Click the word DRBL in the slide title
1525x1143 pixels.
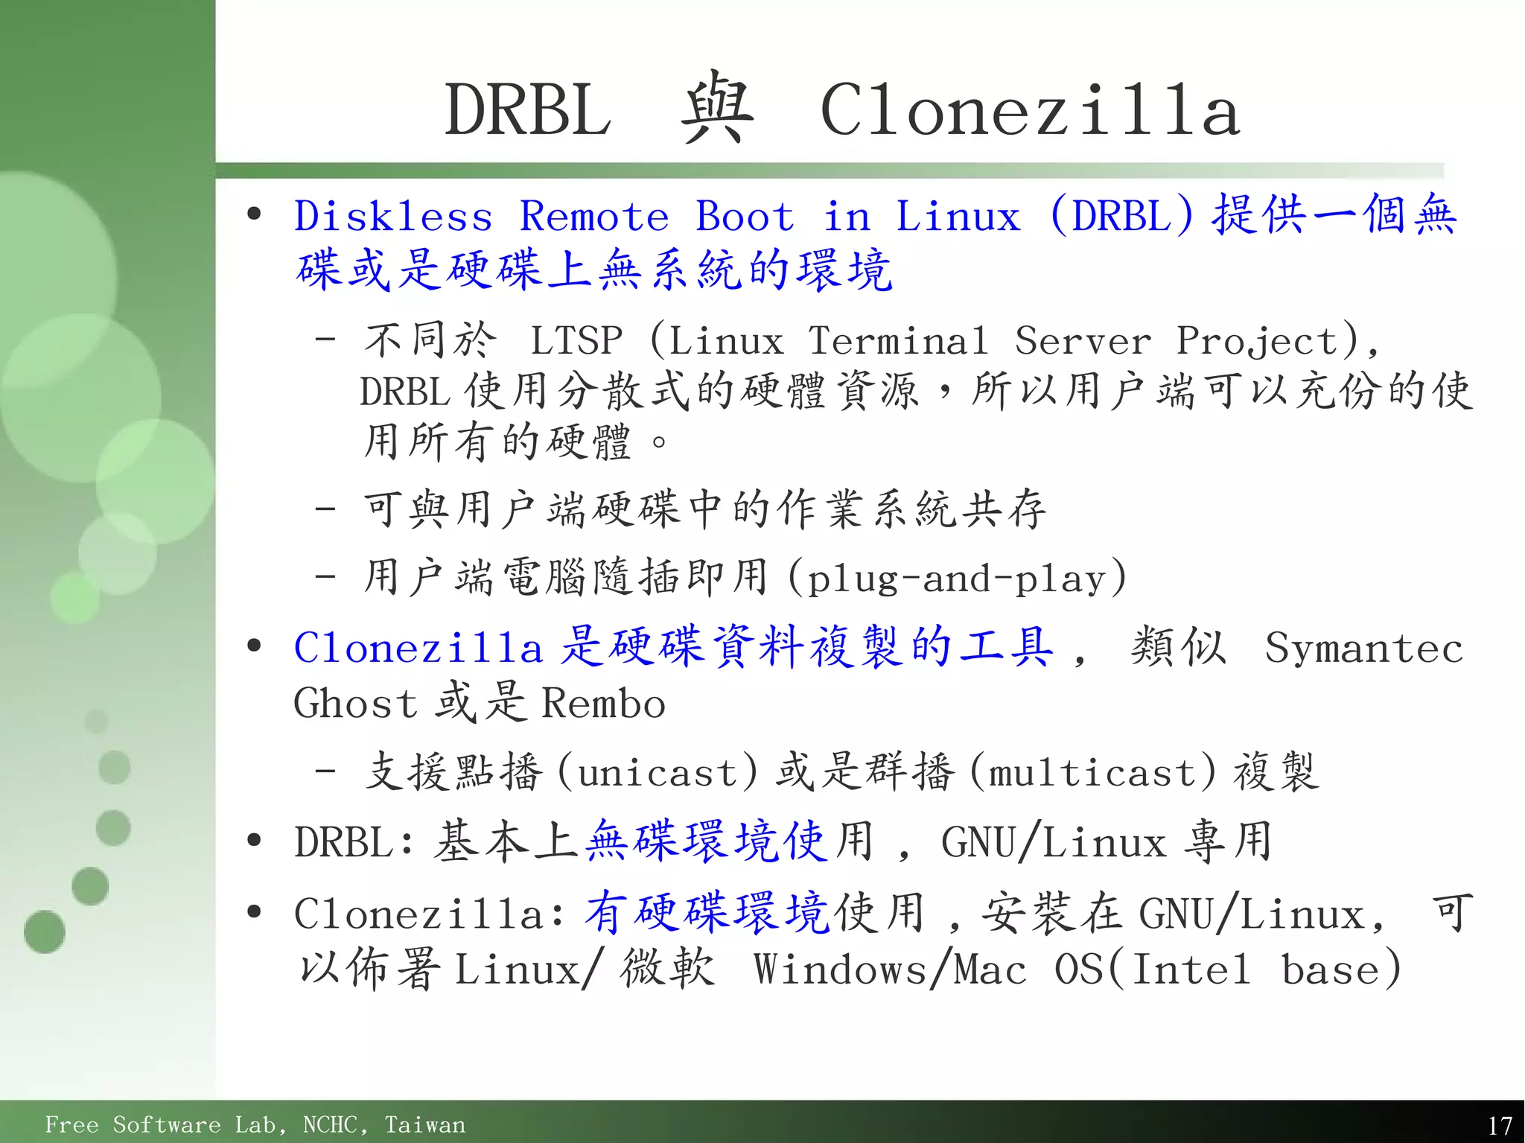[528, 110]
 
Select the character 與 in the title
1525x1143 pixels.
[716, 109]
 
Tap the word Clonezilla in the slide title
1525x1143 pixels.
[1030, 110]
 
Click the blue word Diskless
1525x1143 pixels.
[393, 217]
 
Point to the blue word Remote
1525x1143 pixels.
[594, 217]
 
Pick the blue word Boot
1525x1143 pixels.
[745, 217]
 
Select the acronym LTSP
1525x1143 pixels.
[576, 341]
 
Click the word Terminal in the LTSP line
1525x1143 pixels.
[898, 341]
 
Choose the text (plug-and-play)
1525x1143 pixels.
[958, 579]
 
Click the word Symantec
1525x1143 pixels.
[1364, 648]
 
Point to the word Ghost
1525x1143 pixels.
[355, 703]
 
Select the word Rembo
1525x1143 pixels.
[603, 703]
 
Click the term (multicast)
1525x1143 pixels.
[1093, 772]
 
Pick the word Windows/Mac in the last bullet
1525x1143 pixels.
[890, 970]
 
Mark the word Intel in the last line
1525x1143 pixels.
[1190, 970]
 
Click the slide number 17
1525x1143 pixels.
[1500, 1124]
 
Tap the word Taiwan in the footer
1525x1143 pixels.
[424, 1124]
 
